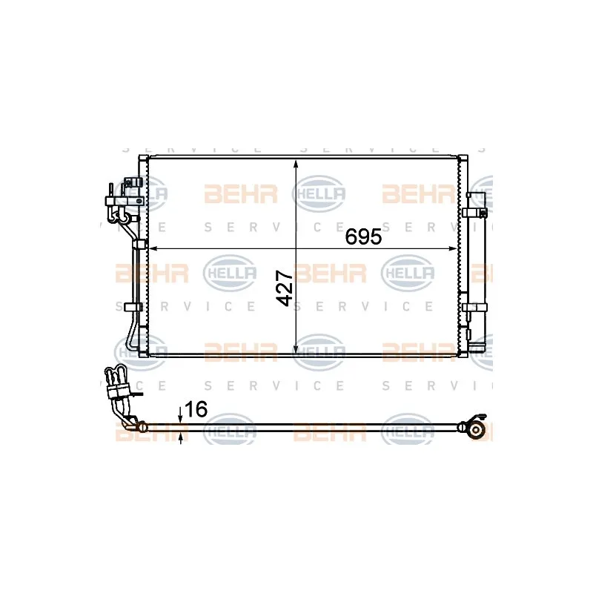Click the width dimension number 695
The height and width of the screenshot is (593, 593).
(363, 237)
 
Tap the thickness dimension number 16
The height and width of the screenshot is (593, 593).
(196, 408)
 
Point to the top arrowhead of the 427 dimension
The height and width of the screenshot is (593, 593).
(296, 164)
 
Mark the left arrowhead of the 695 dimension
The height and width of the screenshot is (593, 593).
(154, 248)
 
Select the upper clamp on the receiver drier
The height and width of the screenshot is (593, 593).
(474, 213)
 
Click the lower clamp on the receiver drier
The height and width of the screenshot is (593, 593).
(474, 306)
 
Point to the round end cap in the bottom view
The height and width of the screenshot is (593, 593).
(474, 429)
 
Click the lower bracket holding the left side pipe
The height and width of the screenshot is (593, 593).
(134, 307)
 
